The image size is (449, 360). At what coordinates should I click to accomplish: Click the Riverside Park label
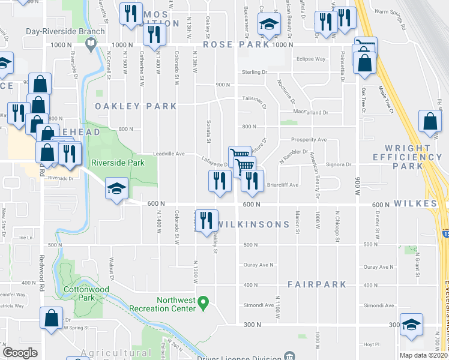118,162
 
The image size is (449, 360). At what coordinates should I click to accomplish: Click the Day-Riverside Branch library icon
90,43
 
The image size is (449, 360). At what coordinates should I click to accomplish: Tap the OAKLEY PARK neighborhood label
136,106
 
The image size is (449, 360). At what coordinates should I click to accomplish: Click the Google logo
20,352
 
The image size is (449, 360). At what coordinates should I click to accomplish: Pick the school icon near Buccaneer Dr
269,25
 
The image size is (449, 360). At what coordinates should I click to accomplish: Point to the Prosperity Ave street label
309,140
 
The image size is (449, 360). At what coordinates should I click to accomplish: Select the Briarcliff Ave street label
283,185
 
